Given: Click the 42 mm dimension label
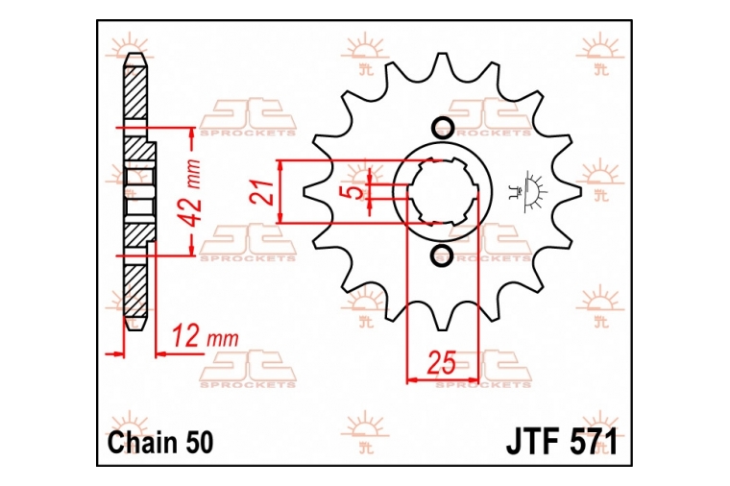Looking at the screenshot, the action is coord(192,192).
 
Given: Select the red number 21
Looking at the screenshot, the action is coord(261,192).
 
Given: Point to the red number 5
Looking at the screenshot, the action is coord(355,192).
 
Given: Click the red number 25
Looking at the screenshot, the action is coord(441,363).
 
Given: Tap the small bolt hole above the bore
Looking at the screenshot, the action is coord(442,127).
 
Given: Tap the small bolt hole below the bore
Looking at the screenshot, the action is coord(442,255).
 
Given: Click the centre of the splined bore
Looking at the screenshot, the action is coord(442,191).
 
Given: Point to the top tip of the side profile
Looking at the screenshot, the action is coord(135,53).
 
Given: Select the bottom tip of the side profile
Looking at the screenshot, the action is coord(135,329).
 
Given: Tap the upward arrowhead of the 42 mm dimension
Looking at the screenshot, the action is coord(191,133).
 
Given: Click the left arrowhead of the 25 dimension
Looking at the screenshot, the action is coord(412,380).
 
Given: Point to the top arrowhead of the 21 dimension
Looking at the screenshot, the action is coord(280,166).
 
